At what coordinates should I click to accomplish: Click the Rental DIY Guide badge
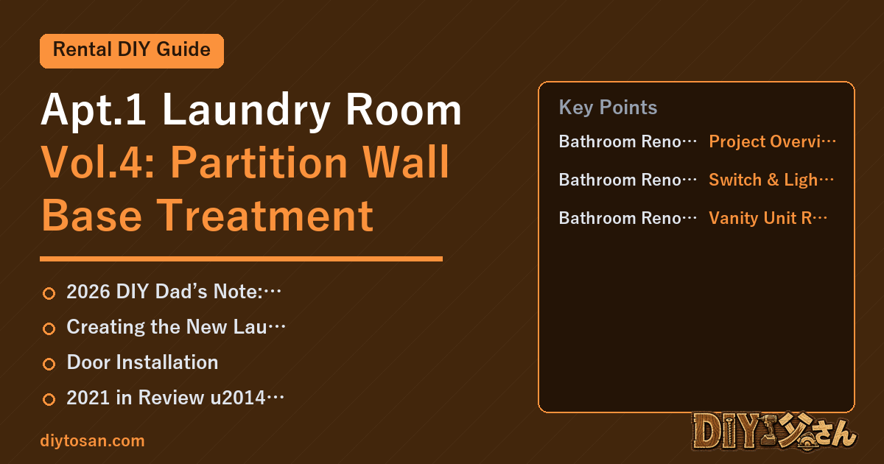(x=132, y=51)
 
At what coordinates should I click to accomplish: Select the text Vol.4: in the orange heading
(x=98, y=163)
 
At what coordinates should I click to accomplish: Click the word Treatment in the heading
(x=264, y=216)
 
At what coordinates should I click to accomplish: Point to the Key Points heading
(x=608, y=108)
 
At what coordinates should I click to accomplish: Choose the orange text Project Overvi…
(x=772, y=141)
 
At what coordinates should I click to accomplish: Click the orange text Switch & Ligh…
(x=771, y=180)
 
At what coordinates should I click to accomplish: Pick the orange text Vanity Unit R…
(x=768, y=218)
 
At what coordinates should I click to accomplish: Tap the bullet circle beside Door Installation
(x=49, y=364)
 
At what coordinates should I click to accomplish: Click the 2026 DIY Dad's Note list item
(x=174, y=292)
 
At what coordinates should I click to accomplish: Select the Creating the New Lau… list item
(x=175, y=327)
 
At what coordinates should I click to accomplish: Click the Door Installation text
(x=142, y=362)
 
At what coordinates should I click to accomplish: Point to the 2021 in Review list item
(x=175, y=397)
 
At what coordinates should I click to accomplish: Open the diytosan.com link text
(x=92, y=440)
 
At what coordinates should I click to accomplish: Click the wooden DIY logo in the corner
(x=774, y=431)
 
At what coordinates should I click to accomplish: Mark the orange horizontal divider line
(x=241, y=259)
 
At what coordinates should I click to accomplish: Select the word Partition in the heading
(x=259, y=163)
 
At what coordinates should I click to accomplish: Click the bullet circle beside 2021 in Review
(x=49, y=399)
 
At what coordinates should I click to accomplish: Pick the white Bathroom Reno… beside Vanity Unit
(x=628, y=218)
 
